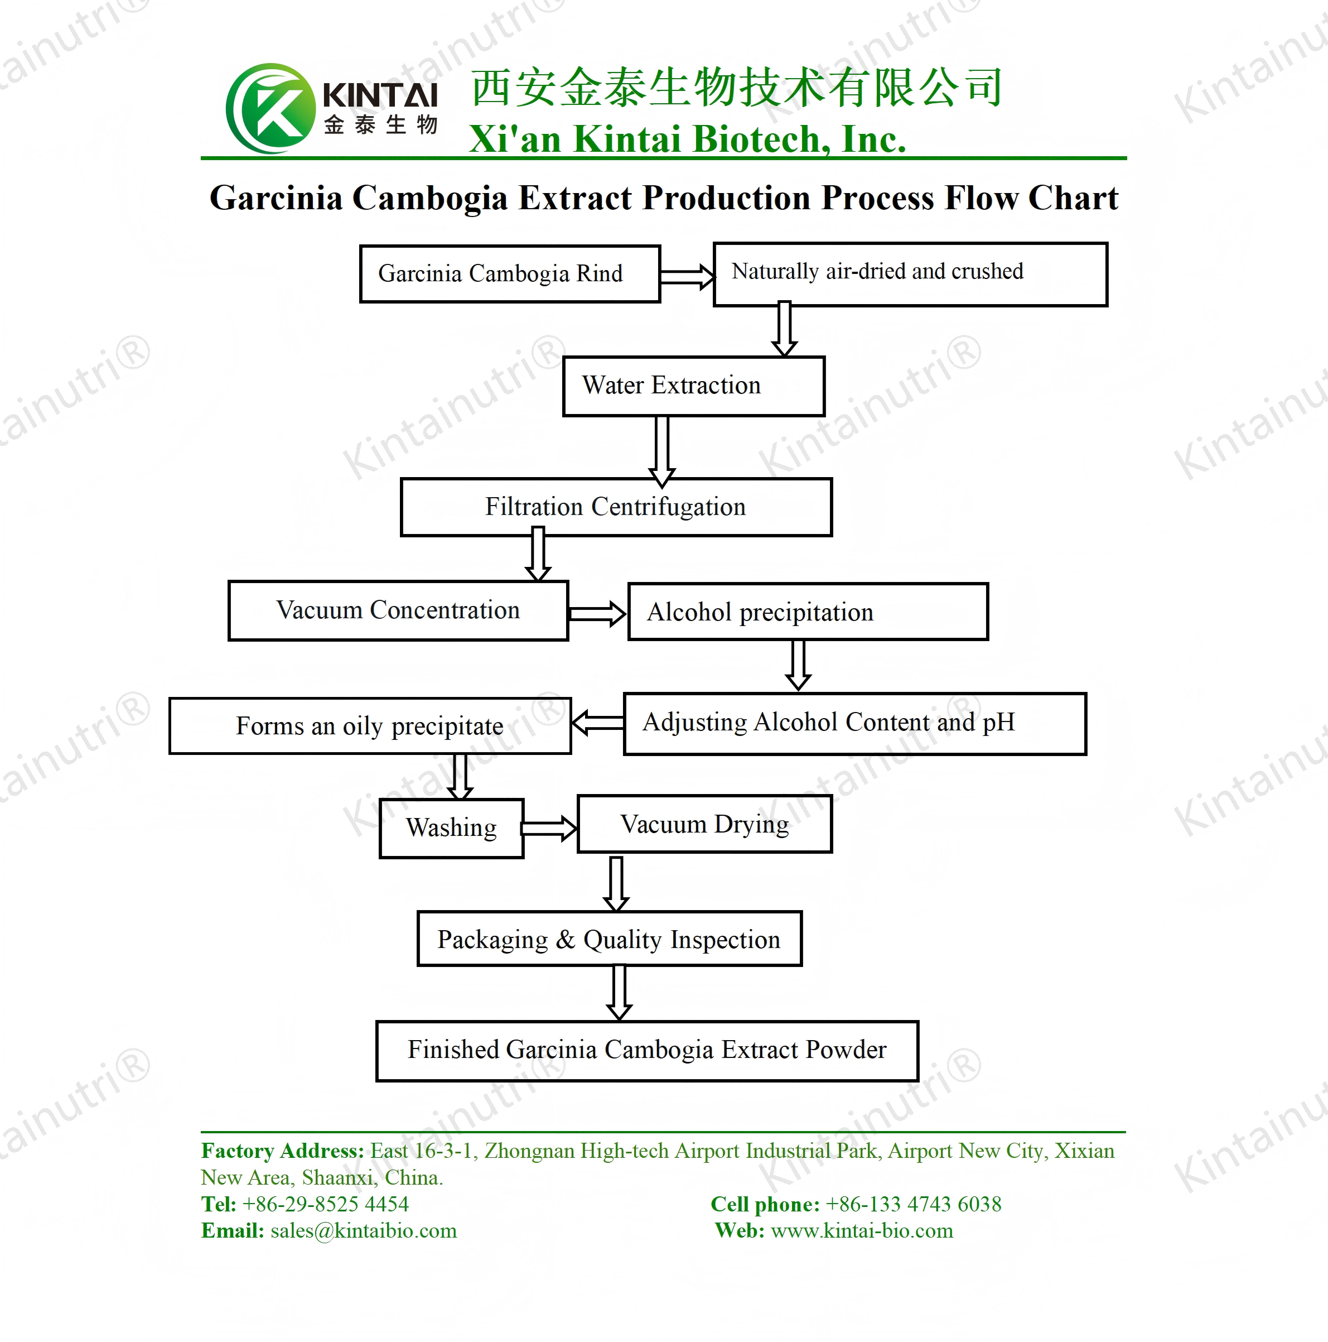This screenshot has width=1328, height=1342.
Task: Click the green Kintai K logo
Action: point(271,108)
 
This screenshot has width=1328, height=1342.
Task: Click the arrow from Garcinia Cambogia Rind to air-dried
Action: point(687,276)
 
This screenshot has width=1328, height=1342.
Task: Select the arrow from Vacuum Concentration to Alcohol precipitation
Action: point(597,613)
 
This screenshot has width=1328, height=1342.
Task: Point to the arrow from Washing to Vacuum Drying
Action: point(549,828)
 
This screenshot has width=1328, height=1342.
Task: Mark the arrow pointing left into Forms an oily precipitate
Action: point(598,723)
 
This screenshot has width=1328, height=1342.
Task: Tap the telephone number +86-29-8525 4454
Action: point(326,1204)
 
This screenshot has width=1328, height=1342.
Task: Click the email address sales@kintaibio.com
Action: point(364,1230)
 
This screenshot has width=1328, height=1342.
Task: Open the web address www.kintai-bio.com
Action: point(862,1230)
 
